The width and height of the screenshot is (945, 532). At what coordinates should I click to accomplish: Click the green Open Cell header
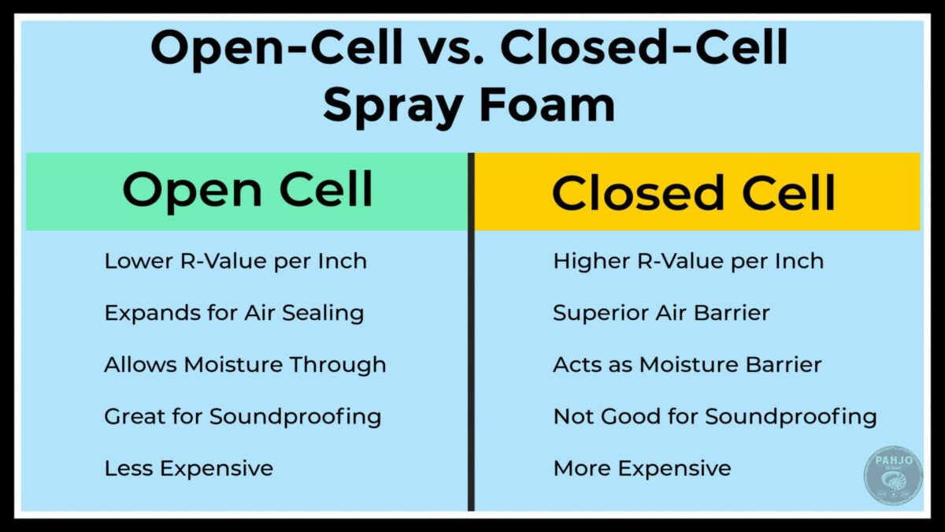click(246, 191)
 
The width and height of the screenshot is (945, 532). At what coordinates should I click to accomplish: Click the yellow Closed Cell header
click(696, 192)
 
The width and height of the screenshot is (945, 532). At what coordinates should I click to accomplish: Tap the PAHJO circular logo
click(892, 474)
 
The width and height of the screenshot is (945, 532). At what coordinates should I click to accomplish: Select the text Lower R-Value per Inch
click(235, 261)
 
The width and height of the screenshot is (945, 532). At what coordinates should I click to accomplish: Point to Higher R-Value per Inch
click(688, 261)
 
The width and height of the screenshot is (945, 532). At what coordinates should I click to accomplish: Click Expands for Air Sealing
click(234, 313)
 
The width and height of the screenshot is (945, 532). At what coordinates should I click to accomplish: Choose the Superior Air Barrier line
click(661, 313)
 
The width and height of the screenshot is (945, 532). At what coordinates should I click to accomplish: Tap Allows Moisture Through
click(245, 365)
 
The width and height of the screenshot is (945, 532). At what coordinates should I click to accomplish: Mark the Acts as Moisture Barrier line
click(687, 365)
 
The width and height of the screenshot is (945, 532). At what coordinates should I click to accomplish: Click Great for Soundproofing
click(243, 416)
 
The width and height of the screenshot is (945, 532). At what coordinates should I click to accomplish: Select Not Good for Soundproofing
click(715, 416)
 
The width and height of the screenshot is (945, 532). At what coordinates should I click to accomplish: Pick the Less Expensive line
click(189, 468)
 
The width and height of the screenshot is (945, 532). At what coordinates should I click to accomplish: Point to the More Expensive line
click(642, 468)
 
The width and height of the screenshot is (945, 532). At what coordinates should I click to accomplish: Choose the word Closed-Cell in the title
click(643, 50)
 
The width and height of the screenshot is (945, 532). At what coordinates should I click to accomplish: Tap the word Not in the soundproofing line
click(572, 416)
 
